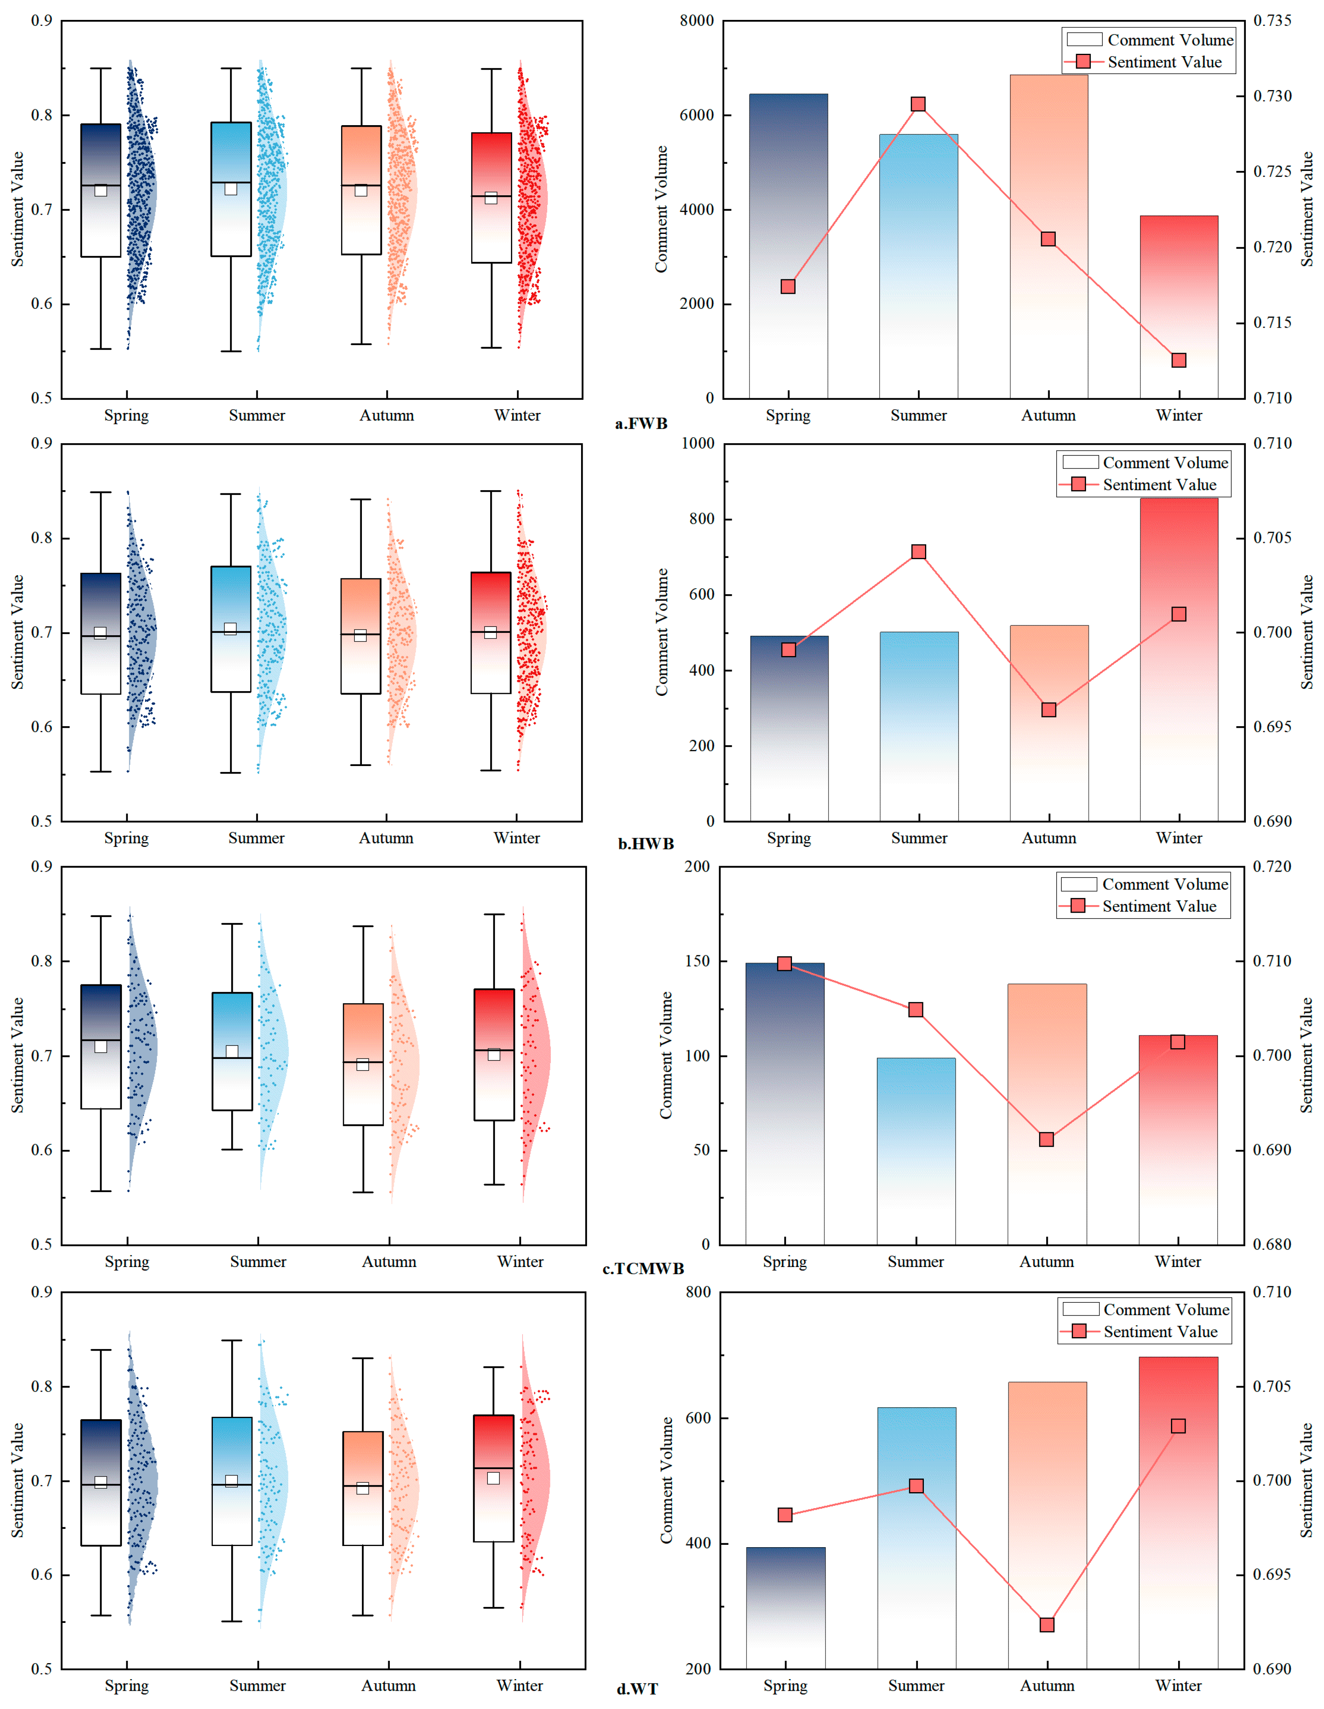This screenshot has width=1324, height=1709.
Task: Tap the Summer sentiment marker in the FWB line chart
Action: tap(919, 104)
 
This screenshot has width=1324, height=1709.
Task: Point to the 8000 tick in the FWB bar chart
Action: tap(696, 21)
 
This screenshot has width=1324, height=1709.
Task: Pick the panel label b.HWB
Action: tap(646, 844)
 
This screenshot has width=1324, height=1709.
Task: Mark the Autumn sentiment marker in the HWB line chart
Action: tap(1049, 710)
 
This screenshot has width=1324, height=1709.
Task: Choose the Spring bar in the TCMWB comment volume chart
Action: tap(785, 1103)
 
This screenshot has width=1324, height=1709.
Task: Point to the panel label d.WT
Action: tap(637, 1689)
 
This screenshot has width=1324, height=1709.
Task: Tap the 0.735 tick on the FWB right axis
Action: tap(1272, 21)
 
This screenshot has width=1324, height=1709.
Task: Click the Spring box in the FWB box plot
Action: tap(101, 190)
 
